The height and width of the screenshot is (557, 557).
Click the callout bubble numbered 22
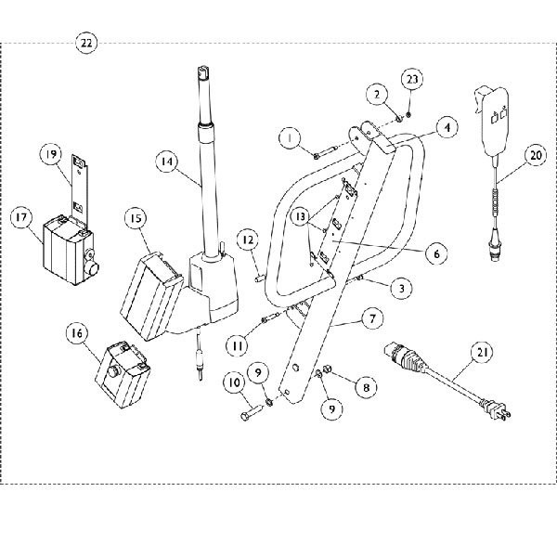click(85, 44)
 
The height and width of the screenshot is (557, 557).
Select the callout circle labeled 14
click(167, 161)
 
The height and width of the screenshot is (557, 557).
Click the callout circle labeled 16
click(77, 330)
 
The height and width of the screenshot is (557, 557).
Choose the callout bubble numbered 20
click(535, 157)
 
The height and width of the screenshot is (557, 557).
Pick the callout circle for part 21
click(481, 352)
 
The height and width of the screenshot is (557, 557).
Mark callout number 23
click(411, 80)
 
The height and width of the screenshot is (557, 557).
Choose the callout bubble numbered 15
click(137, 218)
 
